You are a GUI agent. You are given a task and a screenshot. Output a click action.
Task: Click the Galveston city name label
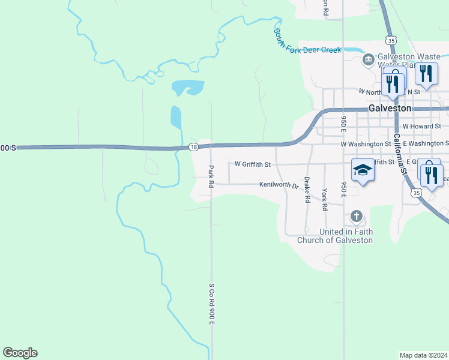click(x=390, y=108)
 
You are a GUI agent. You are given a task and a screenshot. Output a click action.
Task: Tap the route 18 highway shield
click(x=193, y=147)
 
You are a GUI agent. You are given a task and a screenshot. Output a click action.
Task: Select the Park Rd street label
click(x=211, y=177)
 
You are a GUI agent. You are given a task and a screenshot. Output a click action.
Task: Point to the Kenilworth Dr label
click(x=279, y=185)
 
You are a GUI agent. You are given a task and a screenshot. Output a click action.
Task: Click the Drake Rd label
click(x=307, y=189)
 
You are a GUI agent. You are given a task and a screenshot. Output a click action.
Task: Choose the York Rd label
click(x=325, y=199)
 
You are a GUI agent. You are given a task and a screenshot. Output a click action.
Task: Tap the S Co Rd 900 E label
click(x=211, y=304)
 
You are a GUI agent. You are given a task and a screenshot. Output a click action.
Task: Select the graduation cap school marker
click(x=363, y=170)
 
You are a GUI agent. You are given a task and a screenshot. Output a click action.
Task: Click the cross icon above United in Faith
click(x=356, y=216)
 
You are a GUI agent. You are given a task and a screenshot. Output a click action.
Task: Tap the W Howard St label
click(x=421, y=127)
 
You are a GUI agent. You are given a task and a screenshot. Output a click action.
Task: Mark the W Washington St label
click(x=366, y=144)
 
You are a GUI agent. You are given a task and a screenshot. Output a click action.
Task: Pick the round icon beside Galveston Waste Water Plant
click(x=367, y=59)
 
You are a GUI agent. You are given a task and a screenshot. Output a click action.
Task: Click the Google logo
click(x=20, y=353)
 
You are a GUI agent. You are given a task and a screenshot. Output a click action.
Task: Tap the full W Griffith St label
click(x=252, y=164)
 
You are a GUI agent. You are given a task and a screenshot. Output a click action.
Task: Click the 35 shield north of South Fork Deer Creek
click(x=391, y=40)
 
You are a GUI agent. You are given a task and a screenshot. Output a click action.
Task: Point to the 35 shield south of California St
click(x=415, y=193)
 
